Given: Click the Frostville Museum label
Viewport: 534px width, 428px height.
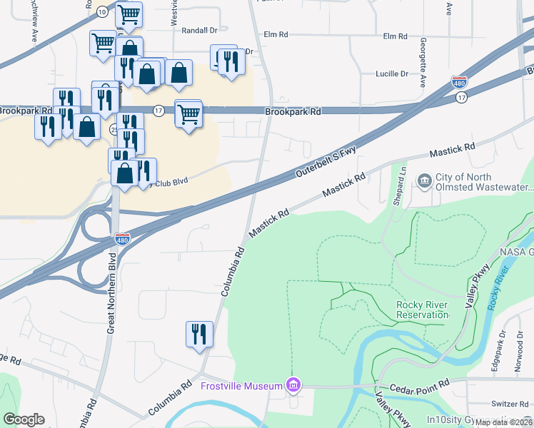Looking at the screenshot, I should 243,386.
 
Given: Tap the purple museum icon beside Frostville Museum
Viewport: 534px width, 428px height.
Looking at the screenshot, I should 292,386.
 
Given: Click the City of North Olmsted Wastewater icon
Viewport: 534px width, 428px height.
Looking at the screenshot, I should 424,179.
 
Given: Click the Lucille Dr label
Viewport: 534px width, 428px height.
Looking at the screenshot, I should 392,73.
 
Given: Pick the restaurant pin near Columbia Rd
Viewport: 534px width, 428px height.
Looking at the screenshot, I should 199,334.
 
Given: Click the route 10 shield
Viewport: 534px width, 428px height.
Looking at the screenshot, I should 102,11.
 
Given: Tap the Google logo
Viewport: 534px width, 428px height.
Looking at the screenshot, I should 24,419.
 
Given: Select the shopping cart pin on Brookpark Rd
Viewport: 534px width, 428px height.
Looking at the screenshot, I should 188,113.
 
